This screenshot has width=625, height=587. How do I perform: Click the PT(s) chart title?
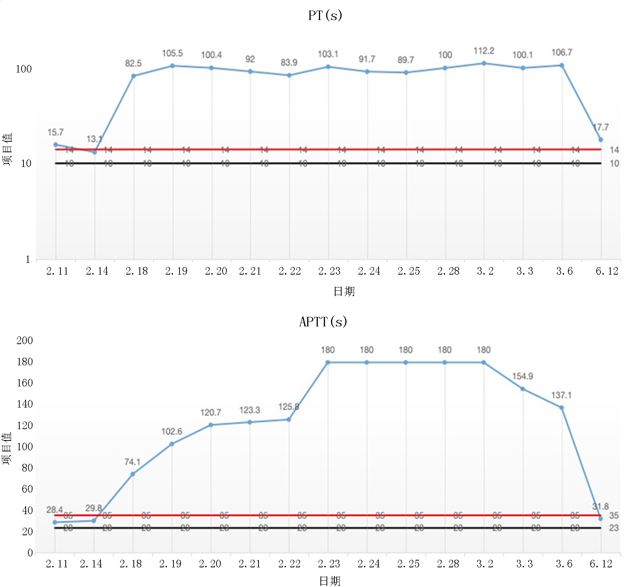point(325,15)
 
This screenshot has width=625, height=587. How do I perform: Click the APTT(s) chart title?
point(323,322)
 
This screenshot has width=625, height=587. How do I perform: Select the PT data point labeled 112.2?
point(484,63)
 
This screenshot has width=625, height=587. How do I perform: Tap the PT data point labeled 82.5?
point(133,76)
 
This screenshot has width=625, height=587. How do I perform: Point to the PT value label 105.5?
point(172,53)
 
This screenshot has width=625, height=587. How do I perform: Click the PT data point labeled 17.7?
point(600,140)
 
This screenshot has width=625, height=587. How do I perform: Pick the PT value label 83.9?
point(289,62)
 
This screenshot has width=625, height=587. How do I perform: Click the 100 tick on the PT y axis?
point(23,69)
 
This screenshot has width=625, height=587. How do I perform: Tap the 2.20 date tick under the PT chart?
point(216,271)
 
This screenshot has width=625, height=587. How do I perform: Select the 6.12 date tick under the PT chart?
point(607,271)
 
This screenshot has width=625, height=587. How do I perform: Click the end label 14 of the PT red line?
point(614,150)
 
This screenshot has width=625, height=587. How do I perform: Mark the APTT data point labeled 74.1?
point(133,474)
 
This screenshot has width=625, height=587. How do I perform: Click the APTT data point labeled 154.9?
point(523,389)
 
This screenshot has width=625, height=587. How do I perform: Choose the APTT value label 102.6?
point(172,431)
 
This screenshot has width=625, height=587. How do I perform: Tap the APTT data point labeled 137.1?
point(562,408)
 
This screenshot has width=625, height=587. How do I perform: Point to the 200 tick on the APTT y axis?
point(25,340)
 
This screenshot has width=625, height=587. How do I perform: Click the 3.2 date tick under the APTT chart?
point(485,564)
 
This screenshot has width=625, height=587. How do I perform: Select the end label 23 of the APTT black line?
point(614,528)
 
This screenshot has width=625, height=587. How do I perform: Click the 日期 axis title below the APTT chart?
point(330,581)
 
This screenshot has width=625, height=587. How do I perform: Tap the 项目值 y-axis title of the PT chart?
point(8,149)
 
